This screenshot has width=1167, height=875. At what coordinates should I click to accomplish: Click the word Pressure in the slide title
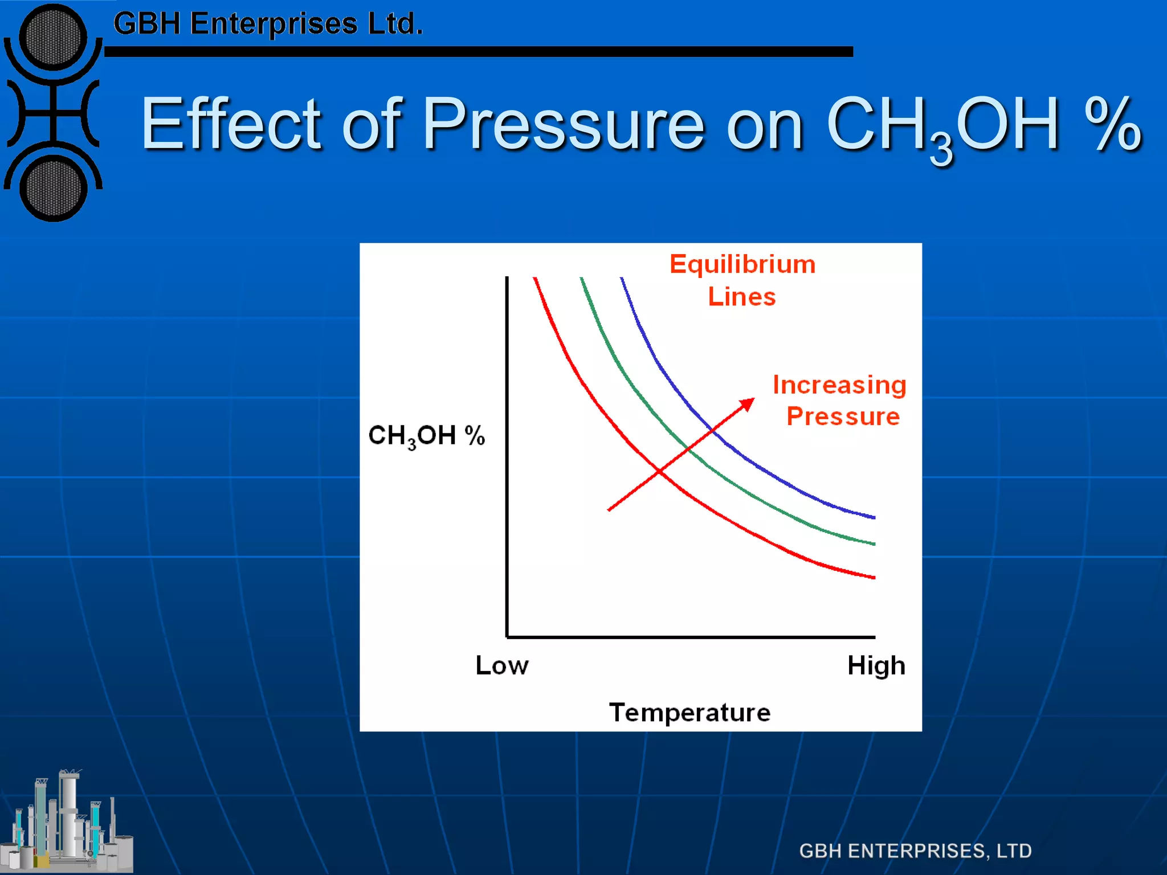tap(564, 124)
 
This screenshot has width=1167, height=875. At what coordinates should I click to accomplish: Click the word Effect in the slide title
tap(231, 124)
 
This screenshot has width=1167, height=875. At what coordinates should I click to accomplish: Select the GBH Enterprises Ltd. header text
tap(268, 24)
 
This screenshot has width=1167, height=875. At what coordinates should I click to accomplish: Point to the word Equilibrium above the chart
tap(742, 265)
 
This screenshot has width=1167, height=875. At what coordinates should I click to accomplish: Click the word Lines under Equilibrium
tap(742, 297)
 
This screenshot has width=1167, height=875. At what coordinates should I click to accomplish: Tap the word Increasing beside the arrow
tap(839, 385)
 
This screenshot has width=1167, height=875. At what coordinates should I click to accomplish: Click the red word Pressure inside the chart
tap(843, 416)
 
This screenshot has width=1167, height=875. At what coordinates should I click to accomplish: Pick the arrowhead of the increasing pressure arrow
tap(747, 404)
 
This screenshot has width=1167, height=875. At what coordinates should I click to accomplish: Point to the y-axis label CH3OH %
tap(426, 436)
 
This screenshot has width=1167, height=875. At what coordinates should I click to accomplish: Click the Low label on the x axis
tap(502, 665)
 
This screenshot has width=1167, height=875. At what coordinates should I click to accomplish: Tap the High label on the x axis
tap(876, 665)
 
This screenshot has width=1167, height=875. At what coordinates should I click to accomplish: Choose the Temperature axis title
tap(689, 713)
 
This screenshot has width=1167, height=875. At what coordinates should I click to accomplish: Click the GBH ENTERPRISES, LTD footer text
tap(915, 851)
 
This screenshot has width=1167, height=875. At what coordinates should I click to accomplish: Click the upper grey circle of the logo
tap(53, 38)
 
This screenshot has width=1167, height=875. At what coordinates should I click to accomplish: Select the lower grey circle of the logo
tap(53, 189)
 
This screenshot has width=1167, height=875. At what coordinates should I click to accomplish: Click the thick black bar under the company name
tap(479, 52)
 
